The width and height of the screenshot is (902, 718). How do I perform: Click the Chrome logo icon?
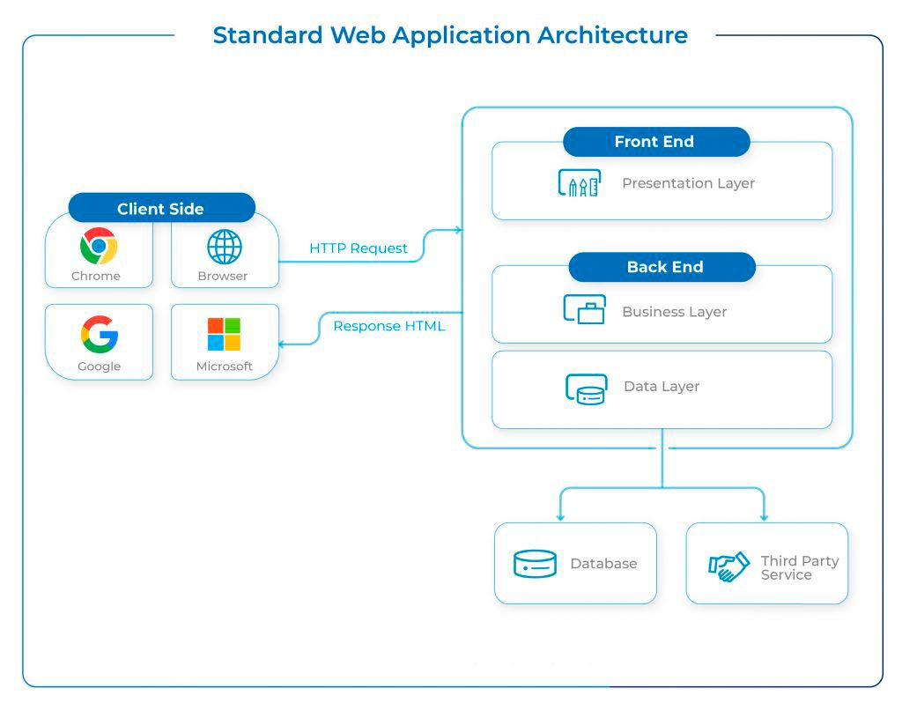[x=99, y=246]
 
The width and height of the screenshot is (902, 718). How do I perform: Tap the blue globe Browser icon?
[x=225, y=247]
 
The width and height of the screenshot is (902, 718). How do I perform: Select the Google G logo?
[x=100, y=334]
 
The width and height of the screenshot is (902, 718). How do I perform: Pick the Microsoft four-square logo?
[x=224, y=334]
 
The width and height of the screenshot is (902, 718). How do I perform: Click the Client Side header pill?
[x=162, y=208]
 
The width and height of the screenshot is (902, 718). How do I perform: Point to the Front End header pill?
[x=656, y=142]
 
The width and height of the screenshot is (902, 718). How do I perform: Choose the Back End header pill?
[x=662, y=267]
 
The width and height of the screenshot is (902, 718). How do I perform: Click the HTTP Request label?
[x=359, y=248]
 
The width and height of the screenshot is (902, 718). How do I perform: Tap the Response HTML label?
[x=388, y=326]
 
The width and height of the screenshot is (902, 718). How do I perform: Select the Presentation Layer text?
[x=689, y=183]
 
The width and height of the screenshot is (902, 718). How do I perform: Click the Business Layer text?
[x=675, y=312]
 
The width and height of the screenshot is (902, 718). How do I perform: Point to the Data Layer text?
[x=662, y=386]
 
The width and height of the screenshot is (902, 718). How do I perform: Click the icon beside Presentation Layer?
[x=580, y=183]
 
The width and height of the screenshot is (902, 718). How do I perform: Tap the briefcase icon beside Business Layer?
[x=585, y=309]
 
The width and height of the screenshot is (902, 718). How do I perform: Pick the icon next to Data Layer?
[x=586, y=389]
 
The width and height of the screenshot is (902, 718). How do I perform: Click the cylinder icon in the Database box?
[x=535, y=563]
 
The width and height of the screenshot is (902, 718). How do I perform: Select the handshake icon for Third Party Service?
[x=728, y=566]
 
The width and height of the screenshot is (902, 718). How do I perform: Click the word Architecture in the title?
[x=613, y=35]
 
